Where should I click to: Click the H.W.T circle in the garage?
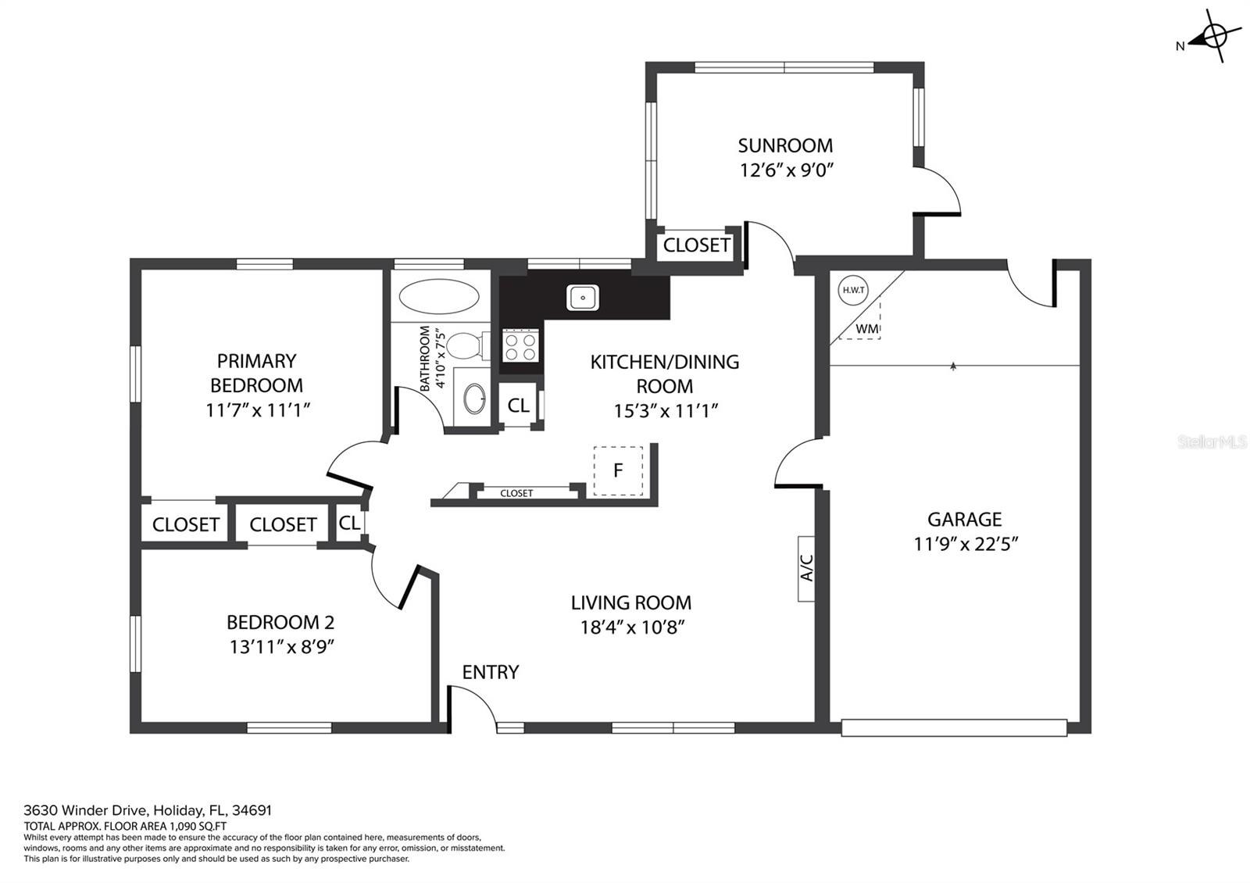[853, 290]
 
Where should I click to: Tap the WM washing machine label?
[866, 329]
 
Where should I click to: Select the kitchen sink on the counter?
[583, 298]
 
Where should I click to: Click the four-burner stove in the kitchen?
[520, 346]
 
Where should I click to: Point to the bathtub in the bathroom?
[439, 296]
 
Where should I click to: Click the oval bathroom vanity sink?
[475, 399]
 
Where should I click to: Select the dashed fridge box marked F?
[618, 470]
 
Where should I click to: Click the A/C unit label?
[806, 568]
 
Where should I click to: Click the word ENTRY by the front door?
[491, 672]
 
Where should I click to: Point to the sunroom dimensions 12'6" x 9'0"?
[786, 170]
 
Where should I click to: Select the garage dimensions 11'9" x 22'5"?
[966, 544]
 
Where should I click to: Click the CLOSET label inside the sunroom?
[696, 245]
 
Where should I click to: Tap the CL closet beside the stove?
[518, 406]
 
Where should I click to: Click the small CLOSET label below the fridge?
[516, 493]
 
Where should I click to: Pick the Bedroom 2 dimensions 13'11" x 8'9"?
[282, 647]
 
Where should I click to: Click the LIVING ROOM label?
[631, 602]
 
